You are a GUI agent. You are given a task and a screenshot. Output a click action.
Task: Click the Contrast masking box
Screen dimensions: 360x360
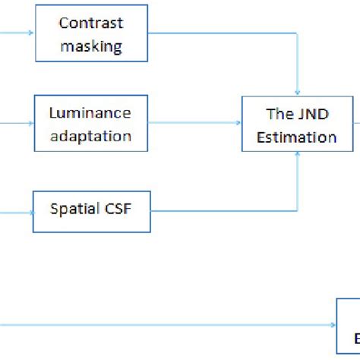90,34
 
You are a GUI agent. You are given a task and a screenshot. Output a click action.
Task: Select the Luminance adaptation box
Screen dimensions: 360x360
90,125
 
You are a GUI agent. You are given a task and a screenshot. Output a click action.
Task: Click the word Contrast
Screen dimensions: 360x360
90,24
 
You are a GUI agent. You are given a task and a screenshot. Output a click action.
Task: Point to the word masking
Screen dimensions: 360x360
90,46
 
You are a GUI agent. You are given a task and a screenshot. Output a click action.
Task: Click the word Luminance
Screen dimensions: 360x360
90,114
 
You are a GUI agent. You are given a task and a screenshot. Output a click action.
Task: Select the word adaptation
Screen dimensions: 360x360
90,137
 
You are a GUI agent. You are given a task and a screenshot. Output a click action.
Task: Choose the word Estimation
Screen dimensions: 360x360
300,137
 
